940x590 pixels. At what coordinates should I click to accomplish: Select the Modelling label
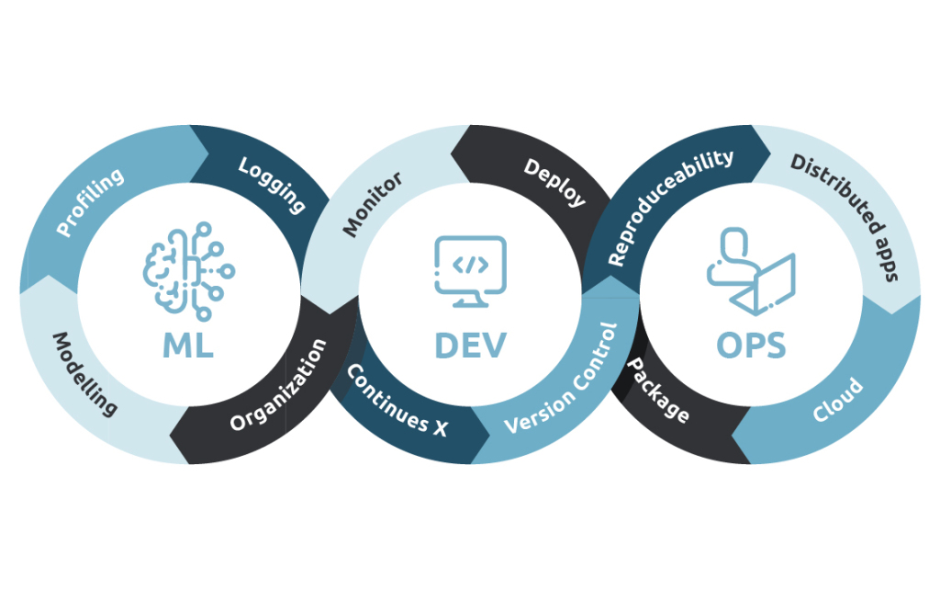tap(84, 373)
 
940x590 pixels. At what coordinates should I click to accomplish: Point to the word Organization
tap(278, 386)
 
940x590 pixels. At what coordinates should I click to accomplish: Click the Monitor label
tap(374, 203)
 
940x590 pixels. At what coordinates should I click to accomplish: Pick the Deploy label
tap(554, 182)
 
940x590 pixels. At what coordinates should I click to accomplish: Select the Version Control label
tap(562, 378)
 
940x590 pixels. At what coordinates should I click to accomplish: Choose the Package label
tap(657, 390)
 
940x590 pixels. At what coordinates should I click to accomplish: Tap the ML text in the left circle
tap(188, 345)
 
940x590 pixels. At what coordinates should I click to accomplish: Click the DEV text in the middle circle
tap(470, 345)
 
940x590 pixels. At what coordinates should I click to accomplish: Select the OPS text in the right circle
tap(751, 345)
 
